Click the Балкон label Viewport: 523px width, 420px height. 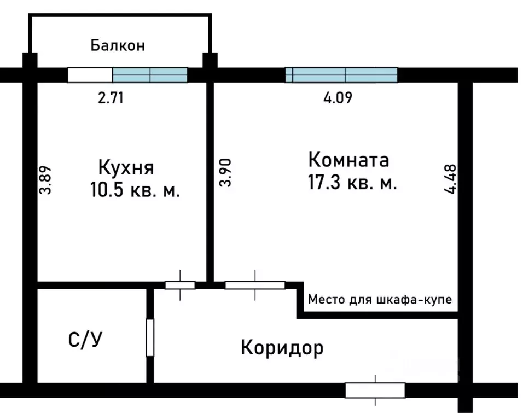118,45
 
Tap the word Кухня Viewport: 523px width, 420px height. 126,166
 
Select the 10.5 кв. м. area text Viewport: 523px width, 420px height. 134,191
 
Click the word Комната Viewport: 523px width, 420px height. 348,160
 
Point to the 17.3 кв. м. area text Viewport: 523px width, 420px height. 352,183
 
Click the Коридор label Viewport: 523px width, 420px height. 282,347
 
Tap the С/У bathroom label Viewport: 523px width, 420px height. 85,340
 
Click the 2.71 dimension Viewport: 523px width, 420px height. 111,98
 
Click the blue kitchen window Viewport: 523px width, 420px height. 150,75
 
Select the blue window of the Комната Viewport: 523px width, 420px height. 341,75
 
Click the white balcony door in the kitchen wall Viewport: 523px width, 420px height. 90,75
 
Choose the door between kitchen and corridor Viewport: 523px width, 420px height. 180,285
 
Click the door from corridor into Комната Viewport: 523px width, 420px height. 255,285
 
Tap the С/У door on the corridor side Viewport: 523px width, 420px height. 150,337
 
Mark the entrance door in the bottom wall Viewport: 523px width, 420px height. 375,390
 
